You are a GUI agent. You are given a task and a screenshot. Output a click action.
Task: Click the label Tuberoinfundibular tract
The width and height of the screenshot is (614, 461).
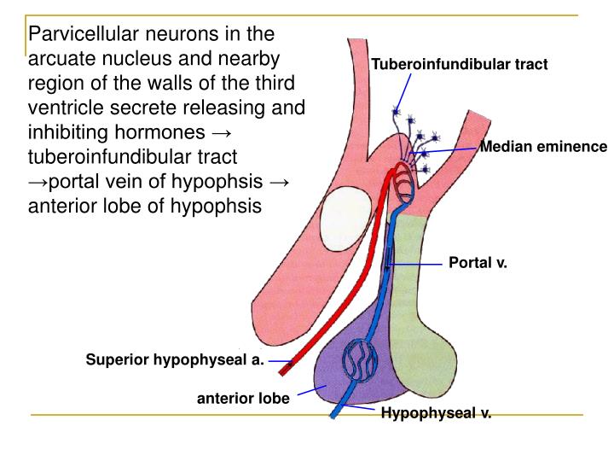[459, 65]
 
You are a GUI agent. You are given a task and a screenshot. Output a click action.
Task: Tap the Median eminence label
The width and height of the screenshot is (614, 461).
[543, 147]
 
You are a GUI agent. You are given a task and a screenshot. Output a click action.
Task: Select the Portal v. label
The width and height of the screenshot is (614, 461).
[478, 263]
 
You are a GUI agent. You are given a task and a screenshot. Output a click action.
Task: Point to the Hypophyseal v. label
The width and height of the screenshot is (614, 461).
[436, 414]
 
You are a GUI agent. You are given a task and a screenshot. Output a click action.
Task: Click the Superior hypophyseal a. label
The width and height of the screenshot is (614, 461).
[175, 359]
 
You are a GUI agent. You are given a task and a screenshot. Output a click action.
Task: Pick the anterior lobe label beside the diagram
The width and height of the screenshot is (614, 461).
[244, 398]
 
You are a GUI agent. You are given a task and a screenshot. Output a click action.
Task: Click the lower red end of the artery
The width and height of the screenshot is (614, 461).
[286, 364]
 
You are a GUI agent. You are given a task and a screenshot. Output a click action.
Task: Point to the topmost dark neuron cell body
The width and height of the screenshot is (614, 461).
[396, 111]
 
